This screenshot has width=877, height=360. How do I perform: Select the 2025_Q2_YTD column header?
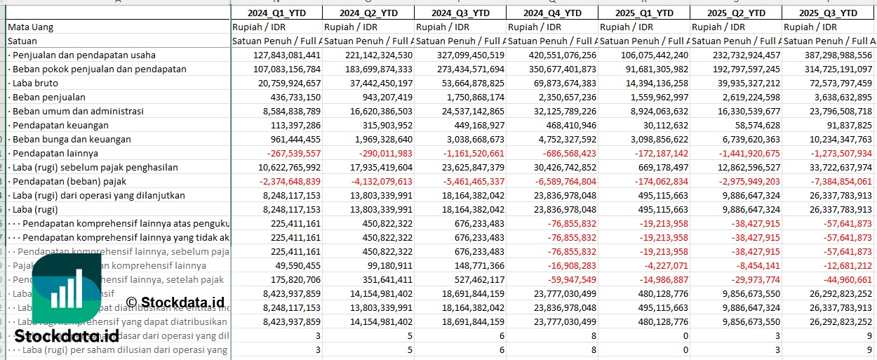tap(735, 13)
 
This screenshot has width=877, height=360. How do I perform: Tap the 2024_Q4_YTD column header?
tap(552, 13)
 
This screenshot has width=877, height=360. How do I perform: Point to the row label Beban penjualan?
tap(46, 97)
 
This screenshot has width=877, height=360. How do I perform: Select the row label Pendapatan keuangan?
tap(55, 125)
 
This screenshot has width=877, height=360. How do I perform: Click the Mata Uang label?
tap(31, 27)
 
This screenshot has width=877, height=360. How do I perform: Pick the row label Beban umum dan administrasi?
tap(75, 111)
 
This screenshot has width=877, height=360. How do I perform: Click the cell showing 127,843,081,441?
tap(277, 55)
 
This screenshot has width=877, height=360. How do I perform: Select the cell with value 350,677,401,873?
tap(552, 69)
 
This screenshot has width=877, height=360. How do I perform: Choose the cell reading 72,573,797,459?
tap(828, 83)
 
